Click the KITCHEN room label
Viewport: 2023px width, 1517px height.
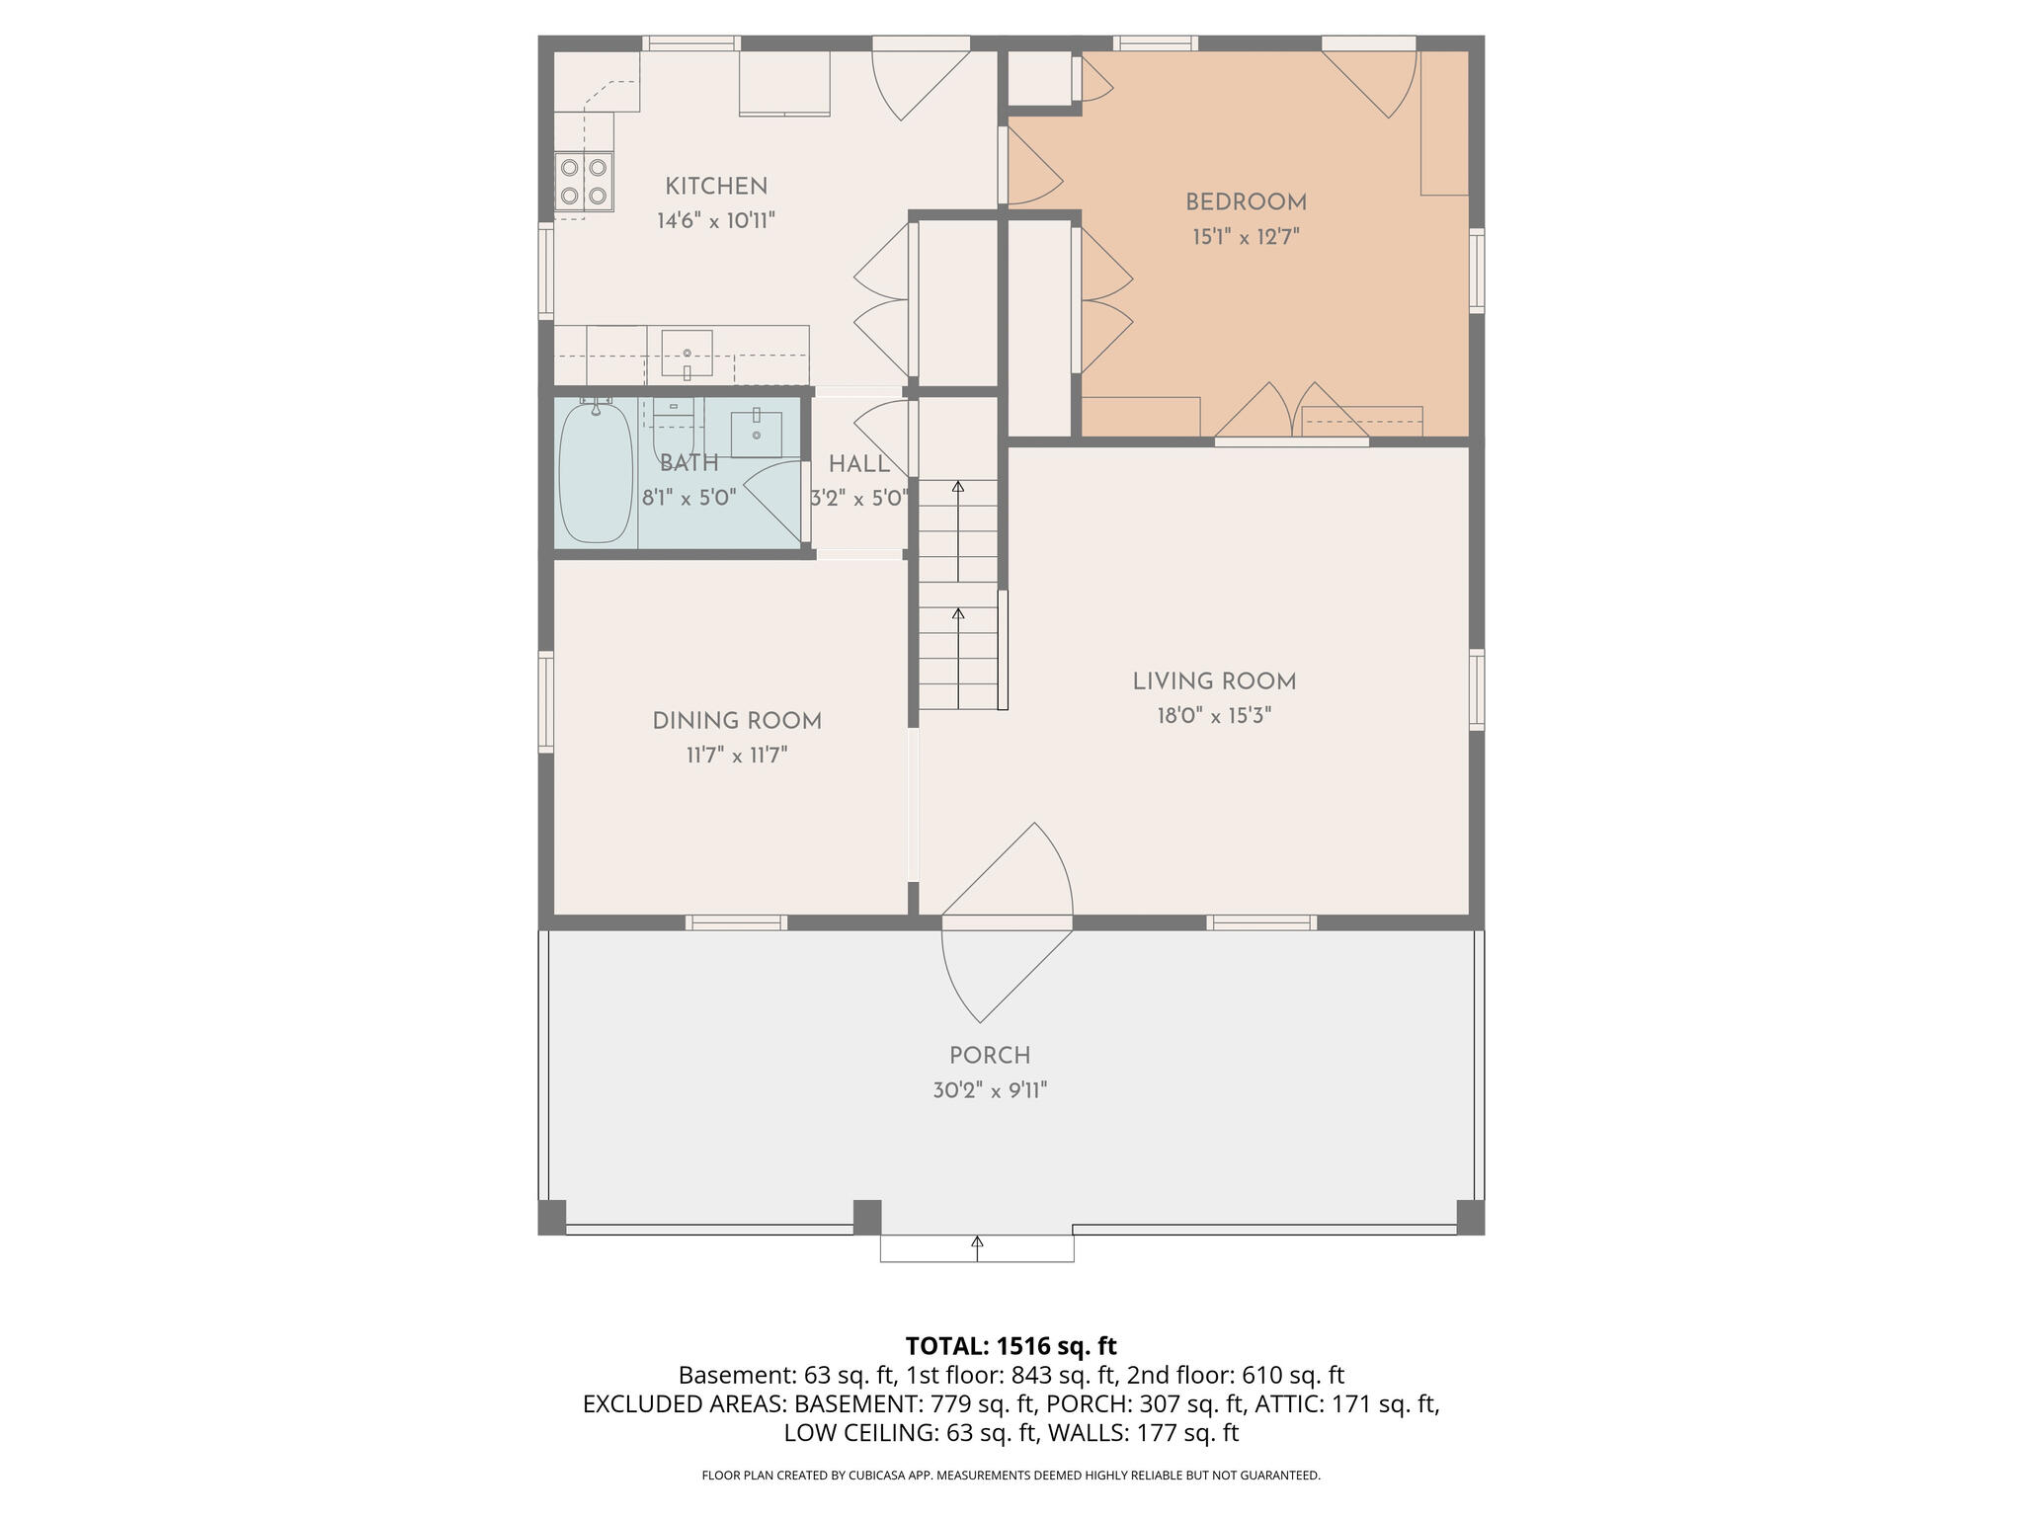click(715, 187)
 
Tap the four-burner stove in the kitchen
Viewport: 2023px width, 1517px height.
click(583, 182)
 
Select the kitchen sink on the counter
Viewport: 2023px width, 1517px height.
click(687, 355)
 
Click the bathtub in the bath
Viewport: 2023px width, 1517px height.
click(596, 474)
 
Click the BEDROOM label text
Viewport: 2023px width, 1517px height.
click(1246, 202)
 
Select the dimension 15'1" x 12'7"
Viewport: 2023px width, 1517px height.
click(1246, 237)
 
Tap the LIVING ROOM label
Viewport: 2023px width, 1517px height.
click(1214, 681)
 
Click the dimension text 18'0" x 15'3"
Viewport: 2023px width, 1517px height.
click(1214, 716)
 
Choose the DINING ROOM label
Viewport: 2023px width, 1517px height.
click(737, 721)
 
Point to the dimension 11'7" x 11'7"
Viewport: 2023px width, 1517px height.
click(737, 757)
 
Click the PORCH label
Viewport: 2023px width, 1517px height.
click(990, 1056)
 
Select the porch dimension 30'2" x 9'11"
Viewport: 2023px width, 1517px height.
click(990, 1090)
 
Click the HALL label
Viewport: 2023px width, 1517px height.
click(858, 464)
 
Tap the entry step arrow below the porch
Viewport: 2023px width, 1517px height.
click(978, 1248)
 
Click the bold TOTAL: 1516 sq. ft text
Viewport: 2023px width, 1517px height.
click(1011, 1346)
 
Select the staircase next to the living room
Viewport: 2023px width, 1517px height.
click(958, 593)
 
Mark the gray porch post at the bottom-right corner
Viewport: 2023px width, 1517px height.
click(1470, 1217)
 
